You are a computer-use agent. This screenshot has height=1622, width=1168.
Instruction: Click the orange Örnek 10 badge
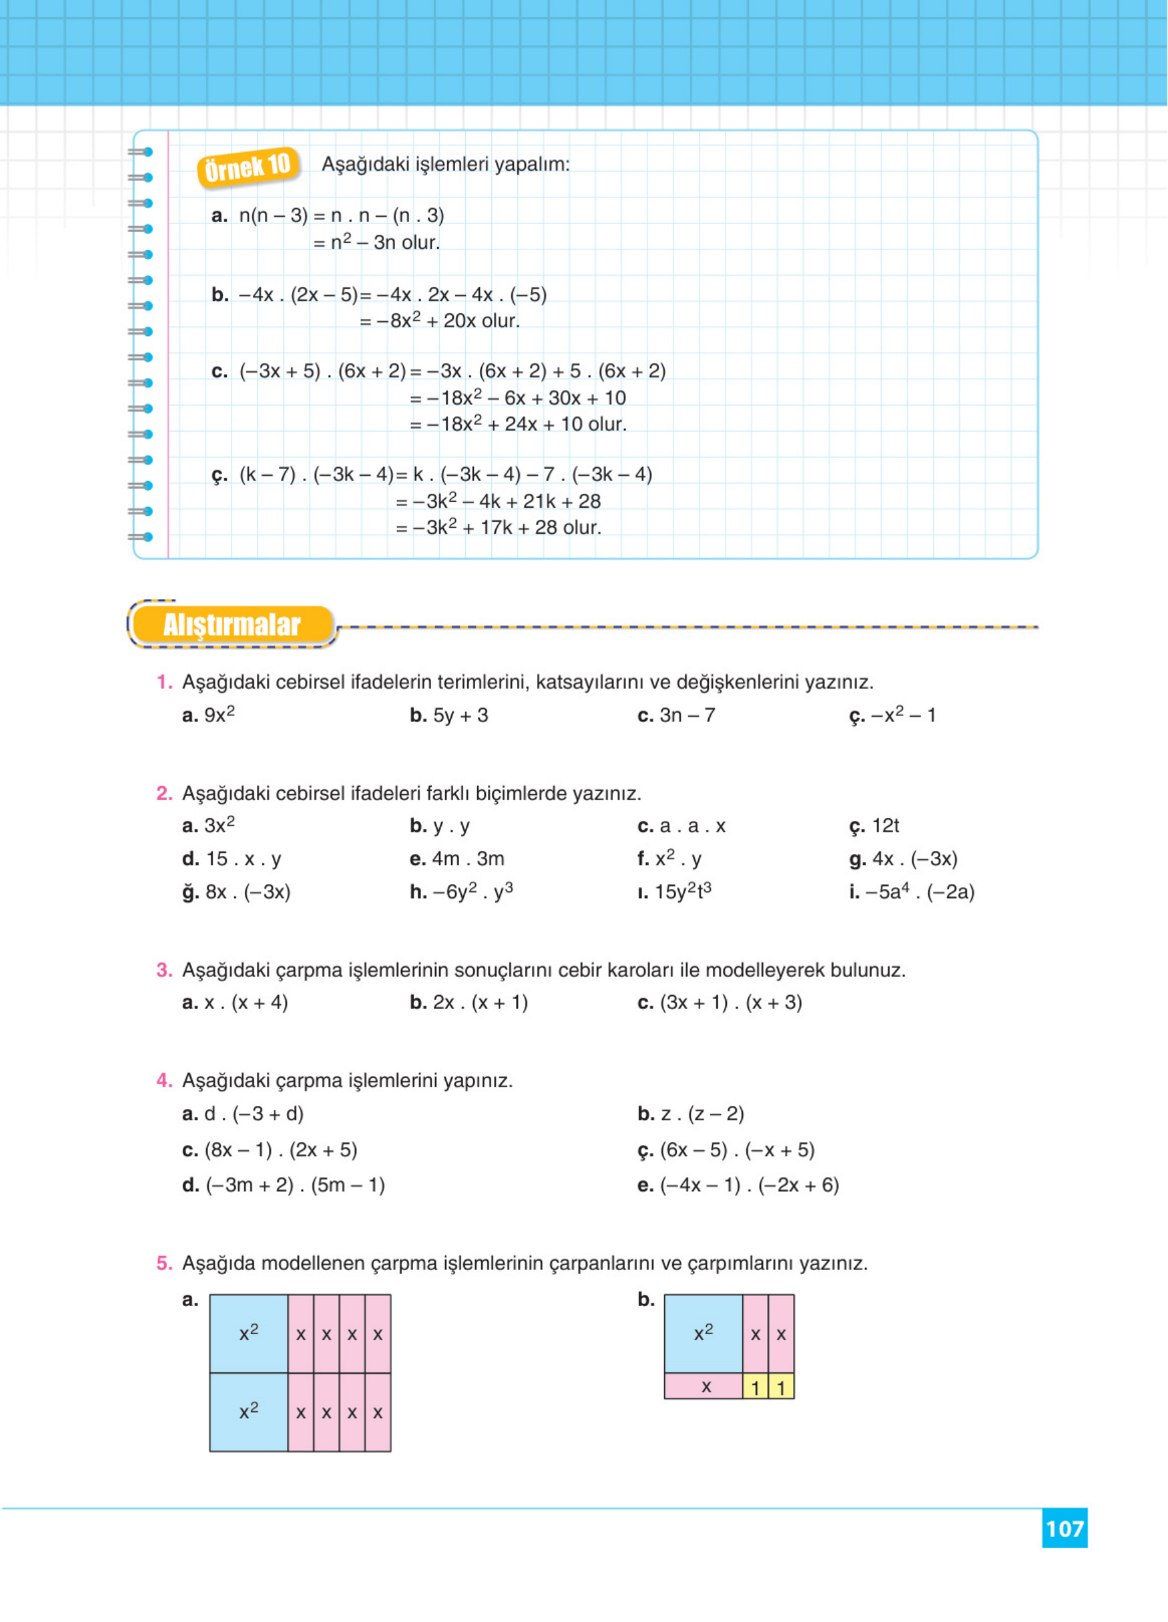coord(248,167)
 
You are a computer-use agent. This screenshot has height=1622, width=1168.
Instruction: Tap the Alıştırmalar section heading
coord(232,624)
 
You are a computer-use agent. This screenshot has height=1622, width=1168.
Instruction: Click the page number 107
coord(1064,1528)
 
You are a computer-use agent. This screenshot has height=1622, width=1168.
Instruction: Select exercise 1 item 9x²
coord(219,715)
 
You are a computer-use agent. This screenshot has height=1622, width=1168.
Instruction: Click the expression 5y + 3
coord(460,715)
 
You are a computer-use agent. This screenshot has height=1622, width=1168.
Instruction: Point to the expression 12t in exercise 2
coord(885,826)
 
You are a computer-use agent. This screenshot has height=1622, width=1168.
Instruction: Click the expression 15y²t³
coord(682,892)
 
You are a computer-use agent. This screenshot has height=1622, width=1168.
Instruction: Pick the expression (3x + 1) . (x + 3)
coord(730,1002)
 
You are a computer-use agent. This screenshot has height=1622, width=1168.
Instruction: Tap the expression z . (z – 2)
coord(701,1113)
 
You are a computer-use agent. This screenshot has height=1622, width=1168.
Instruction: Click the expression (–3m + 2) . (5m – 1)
coord(295,1185)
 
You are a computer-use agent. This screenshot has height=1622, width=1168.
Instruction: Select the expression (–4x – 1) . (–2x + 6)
coord(749,1185)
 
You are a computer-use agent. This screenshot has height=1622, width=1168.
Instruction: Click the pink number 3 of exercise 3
coord(164,970)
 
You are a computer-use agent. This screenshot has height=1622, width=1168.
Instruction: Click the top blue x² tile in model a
coord(249,1333)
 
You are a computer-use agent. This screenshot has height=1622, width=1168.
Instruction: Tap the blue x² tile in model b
coord(703,1333)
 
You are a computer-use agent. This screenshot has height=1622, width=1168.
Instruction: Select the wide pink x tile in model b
coord(705,1386)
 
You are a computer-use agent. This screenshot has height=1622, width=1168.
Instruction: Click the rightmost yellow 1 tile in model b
coord(781,1387)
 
